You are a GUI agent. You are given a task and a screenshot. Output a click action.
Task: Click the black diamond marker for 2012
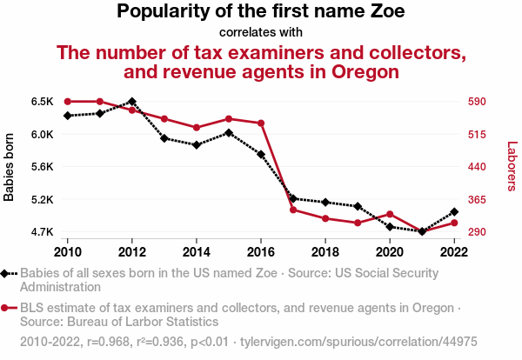[131, 102]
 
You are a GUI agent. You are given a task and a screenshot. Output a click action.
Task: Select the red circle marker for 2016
[260, 123]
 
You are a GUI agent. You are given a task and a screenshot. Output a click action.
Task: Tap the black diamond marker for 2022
[453, 211]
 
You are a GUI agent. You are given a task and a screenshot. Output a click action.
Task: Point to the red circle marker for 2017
[292, 210]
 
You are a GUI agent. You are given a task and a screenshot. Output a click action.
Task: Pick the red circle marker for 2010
[67, 102]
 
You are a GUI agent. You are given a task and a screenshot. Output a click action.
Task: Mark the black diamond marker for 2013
[164, 138]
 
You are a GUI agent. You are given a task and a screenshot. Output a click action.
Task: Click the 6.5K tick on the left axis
[43, 102]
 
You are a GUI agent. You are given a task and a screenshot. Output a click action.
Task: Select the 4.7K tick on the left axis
[43, 232]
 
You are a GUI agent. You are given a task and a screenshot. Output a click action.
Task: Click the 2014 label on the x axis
[196, 251]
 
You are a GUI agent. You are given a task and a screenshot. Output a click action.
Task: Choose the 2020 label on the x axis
[389, 251]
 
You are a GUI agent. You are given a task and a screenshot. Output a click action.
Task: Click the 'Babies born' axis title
[10, 167]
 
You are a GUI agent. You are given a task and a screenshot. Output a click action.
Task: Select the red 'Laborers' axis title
[512, 167]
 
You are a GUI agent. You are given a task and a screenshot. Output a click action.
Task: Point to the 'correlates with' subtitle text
[260, 32]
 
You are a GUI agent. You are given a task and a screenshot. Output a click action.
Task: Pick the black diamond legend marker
[6, 273]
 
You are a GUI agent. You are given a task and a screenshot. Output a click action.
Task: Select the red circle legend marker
[6, 308]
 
